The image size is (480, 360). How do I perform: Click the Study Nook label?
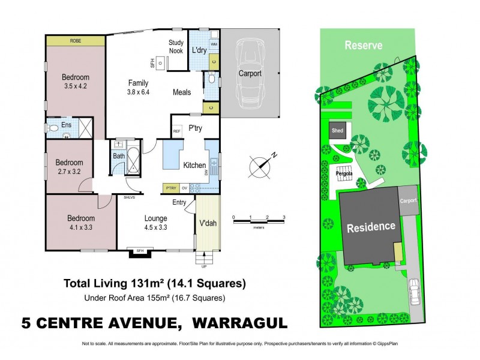click(176, 46)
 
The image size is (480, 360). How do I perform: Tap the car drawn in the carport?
click(250, 73)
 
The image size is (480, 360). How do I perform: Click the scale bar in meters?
click(259, 222)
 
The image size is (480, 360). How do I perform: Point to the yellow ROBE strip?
click(76, 41)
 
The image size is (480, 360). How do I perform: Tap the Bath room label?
click(118, 156)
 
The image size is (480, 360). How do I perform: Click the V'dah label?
click(208, 224)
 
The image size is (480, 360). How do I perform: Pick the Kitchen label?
click(194, 165)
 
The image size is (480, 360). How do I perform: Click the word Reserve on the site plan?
click(363, 46)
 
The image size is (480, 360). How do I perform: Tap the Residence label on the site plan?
click(370, 227)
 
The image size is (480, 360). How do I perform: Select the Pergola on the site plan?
click(343, 174)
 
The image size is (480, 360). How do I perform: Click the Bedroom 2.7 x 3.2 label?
click(69, 166)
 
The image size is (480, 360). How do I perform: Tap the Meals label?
click(182, 92)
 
